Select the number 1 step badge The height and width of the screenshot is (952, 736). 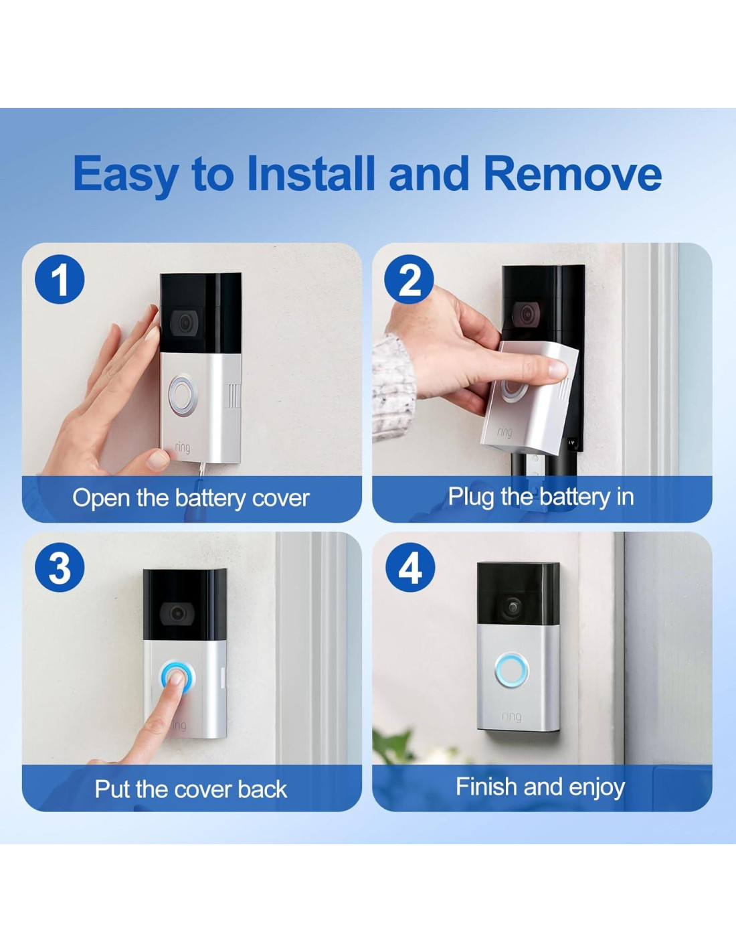[60, 279]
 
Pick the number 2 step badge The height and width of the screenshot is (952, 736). [409, 279]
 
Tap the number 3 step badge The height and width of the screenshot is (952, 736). [60, 568]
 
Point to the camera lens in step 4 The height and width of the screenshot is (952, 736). [513, 607]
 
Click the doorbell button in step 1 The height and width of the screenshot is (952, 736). [183, 395]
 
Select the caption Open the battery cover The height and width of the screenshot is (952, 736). [191, 498]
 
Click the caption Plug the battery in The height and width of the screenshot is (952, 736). [541, 496]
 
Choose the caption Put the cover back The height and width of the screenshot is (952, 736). [191, 789]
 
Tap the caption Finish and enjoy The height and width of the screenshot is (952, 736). [541, 787]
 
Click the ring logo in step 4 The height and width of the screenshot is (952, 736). [511, 717]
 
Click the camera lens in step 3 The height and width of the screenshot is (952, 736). [177, 613]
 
